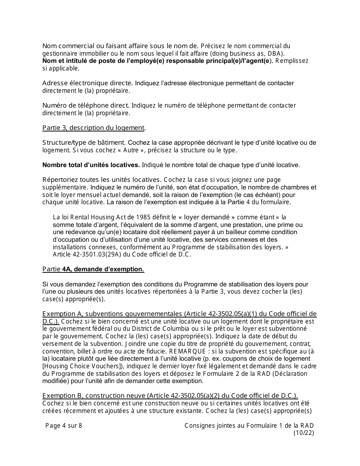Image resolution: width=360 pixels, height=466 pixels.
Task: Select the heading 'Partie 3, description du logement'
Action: point(93,128)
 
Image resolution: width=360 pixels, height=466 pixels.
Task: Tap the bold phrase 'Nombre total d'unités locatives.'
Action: point(91,165)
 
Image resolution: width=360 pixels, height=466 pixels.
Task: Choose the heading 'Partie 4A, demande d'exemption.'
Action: point(93,269)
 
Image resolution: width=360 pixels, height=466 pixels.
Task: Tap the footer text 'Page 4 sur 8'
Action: point(64,425)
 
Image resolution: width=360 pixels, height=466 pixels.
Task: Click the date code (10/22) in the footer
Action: point(304,433)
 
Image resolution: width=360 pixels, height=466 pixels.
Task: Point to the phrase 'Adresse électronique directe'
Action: point(87,83)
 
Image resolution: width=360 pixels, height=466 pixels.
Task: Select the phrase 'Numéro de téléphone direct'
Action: point(86,105)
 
